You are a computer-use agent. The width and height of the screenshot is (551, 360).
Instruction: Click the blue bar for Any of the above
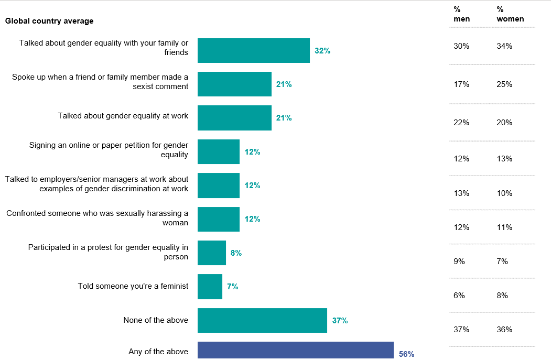click(x=295, y=350)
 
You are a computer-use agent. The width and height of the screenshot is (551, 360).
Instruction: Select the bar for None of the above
click(x=262, y=320)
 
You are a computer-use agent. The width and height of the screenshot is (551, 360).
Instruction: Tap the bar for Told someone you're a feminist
click(x=210, y=287)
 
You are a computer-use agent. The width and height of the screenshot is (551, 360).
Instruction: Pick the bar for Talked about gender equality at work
click(x=234, y=118)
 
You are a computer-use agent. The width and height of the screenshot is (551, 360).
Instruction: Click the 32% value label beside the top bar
click(x=322, y=51)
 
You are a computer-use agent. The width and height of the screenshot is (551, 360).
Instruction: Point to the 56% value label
click(x=406, y=354)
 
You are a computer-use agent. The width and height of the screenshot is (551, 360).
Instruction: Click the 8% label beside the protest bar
click(x=236, y=253)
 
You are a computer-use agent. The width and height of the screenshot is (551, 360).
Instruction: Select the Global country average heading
click(x=49, y=21)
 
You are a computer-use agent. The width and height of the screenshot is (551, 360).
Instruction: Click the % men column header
click(x=461, y=14)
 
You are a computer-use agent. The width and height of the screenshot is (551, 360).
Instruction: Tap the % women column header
click(x=510, y=14)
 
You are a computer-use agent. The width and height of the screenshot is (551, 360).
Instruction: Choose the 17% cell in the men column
click(x=461, y=84)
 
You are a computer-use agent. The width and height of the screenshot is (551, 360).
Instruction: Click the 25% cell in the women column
click(x=504, y=84)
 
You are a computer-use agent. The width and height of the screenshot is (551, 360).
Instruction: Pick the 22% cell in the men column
click(x=461, y=123)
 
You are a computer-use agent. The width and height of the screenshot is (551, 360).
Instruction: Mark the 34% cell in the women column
click(x=504, y=46)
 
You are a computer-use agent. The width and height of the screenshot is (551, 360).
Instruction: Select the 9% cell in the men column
click(x=459, y=261)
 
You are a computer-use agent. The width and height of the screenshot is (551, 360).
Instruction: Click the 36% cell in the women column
click(x=504, y=330)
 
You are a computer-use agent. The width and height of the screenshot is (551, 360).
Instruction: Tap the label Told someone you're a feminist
click(x=133, y=286)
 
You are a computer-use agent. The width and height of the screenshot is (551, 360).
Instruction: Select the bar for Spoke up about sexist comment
click(x=234, y=84)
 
